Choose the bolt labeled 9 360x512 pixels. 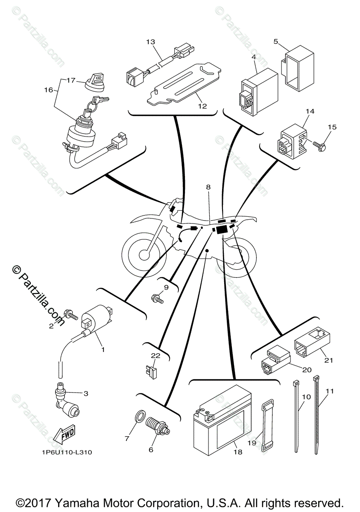click(157, 299)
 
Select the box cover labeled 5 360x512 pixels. click(296, 69)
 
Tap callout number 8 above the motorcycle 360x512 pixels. click(208, 187)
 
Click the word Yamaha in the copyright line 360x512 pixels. click(85, 502)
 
